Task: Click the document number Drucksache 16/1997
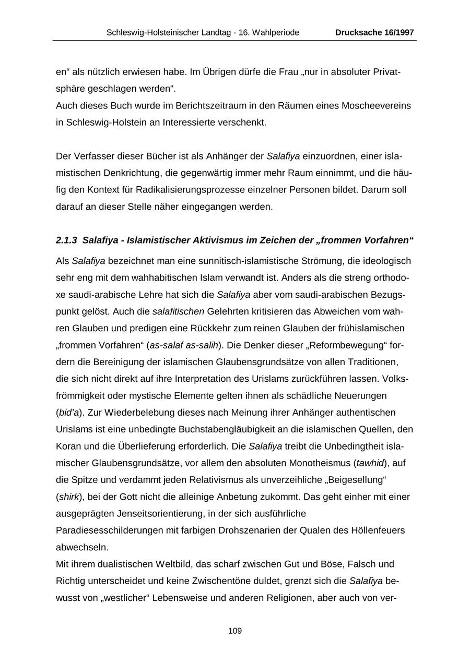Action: [374, 32]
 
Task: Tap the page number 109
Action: [235, 631]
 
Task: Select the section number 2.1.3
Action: [66, 240]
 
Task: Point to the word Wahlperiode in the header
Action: [276, 32]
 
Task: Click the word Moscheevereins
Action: [376, 106]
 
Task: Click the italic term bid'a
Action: [68, 413]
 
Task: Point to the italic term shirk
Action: [68, 497]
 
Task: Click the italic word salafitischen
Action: [178, 311]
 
